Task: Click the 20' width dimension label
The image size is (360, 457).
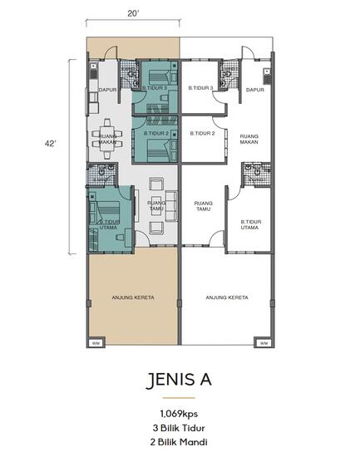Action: pyautogui.click(x=133, y=14)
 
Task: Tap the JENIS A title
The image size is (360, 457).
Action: pyautogui.click(x=179, y=380)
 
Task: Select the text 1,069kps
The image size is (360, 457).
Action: pyautogui.click(x=180, y=413)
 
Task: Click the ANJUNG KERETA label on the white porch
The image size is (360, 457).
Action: pyautogui.click(x=227, y=297)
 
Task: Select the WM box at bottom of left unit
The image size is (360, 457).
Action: pyautogui.click(x=96, y=343)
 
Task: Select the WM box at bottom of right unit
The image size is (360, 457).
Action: pyautogui.click(x=264, y=343)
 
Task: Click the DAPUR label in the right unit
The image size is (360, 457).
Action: pyautogui.click(x=254, y=89)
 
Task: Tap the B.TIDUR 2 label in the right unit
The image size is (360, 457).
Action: pyautogui.click(x=202, y=134)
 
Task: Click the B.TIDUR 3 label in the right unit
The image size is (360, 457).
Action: pyautogui.click(x=201, y=88)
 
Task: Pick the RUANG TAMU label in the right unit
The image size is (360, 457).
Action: pyautogui.click(x=202, y=205)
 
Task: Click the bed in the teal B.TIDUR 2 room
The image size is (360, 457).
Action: pyautogui.click(x=155, y=150)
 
